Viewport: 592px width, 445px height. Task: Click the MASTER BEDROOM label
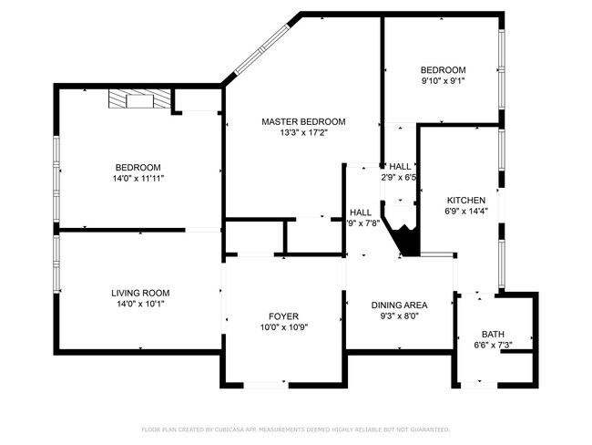303,121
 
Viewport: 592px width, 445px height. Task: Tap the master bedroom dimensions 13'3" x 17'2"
303,133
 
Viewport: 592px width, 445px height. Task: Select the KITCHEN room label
465,200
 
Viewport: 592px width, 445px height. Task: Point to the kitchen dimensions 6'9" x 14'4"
465,212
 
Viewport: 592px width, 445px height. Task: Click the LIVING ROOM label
140,293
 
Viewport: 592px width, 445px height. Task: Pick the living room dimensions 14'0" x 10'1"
140,305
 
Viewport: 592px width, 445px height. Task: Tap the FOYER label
282,316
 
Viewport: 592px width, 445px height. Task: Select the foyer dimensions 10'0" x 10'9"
282,327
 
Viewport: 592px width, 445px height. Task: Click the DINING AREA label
399,305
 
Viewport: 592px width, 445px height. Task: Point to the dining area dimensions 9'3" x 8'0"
399,316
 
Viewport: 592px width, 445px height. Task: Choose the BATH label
493,334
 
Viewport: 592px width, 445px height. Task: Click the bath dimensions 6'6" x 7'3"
493,346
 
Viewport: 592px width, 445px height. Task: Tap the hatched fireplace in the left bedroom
131,99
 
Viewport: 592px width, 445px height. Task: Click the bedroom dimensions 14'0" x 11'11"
138,179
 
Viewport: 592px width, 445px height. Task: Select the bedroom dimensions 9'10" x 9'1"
443,82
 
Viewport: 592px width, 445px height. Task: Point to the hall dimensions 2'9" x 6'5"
399,178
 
